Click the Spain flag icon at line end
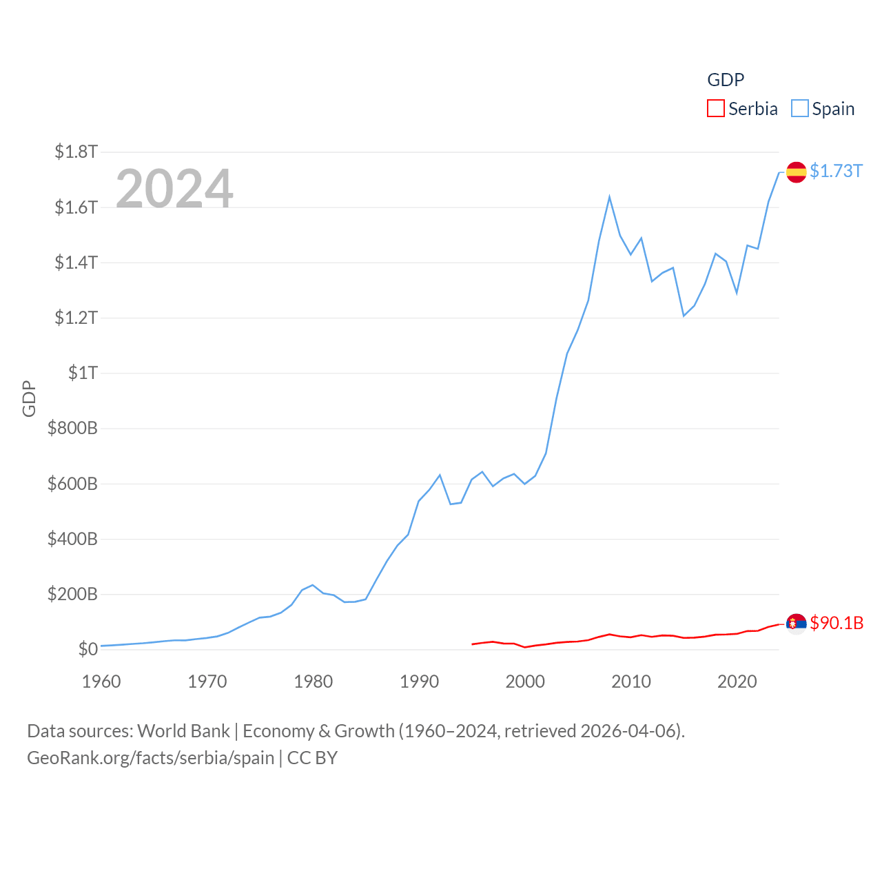(796, 172)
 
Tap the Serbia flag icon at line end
(796, 624)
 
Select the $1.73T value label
(836, 171)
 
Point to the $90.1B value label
(837, 623)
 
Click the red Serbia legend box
(716, 109)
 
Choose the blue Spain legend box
(799, 109)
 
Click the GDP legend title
(726, 80)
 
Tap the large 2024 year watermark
(174, 188)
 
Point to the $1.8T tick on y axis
(76, 152)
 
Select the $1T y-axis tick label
(83, 373)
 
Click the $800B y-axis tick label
(72, 428)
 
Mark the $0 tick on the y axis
(88, 649)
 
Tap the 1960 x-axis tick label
(101, 681)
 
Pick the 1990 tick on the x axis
(419, 681)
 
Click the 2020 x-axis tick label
(737, 681)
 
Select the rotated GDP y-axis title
(29, 398)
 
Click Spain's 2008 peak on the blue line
(609, 198)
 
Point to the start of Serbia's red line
(473, 644)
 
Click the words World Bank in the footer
(183, 730)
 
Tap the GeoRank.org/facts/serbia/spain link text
(150, 758)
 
